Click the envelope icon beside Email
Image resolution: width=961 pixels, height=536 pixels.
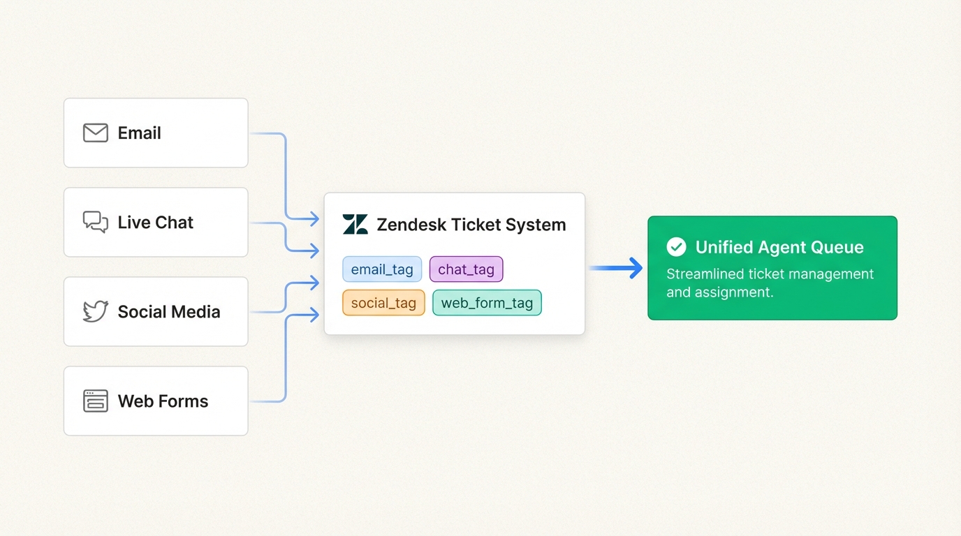click(96, 133)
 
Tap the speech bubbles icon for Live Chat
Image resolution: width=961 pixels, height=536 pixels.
click(96, 222)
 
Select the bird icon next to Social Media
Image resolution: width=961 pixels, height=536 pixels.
click(96, 311)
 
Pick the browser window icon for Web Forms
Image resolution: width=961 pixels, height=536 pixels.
click(96, 401)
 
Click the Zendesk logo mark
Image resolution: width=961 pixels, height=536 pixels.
click(355, 225)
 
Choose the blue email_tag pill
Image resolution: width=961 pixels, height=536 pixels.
click(382, 269)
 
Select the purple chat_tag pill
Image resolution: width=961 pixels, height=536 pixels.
click(466, 269)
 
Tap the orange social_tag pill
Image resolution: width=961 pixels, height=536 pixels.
click(383, 303)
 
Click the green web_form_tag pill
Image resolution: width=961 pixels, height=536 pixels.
click(487, 303)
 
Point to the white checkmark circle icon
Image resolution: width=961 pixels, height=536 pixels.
click(676, 246)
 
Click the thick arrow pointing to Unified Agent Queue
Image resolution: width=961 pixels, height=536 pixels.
click(616, 268)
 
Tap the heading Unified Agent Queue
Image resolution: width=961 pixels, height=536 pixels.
click(779, 247)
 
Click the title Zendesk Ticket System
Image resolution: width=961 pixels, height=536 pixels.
click(471, 225)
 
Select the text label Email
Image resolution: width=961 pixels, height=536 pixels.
click(139, 133)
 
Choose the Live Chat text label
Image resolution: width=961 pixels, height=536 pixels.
click(155, 222)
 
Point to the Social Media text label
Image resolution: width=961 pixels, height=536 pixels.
click(168, 311)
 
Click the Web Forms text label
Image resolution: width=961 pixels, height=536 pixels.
click(163, 401)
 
